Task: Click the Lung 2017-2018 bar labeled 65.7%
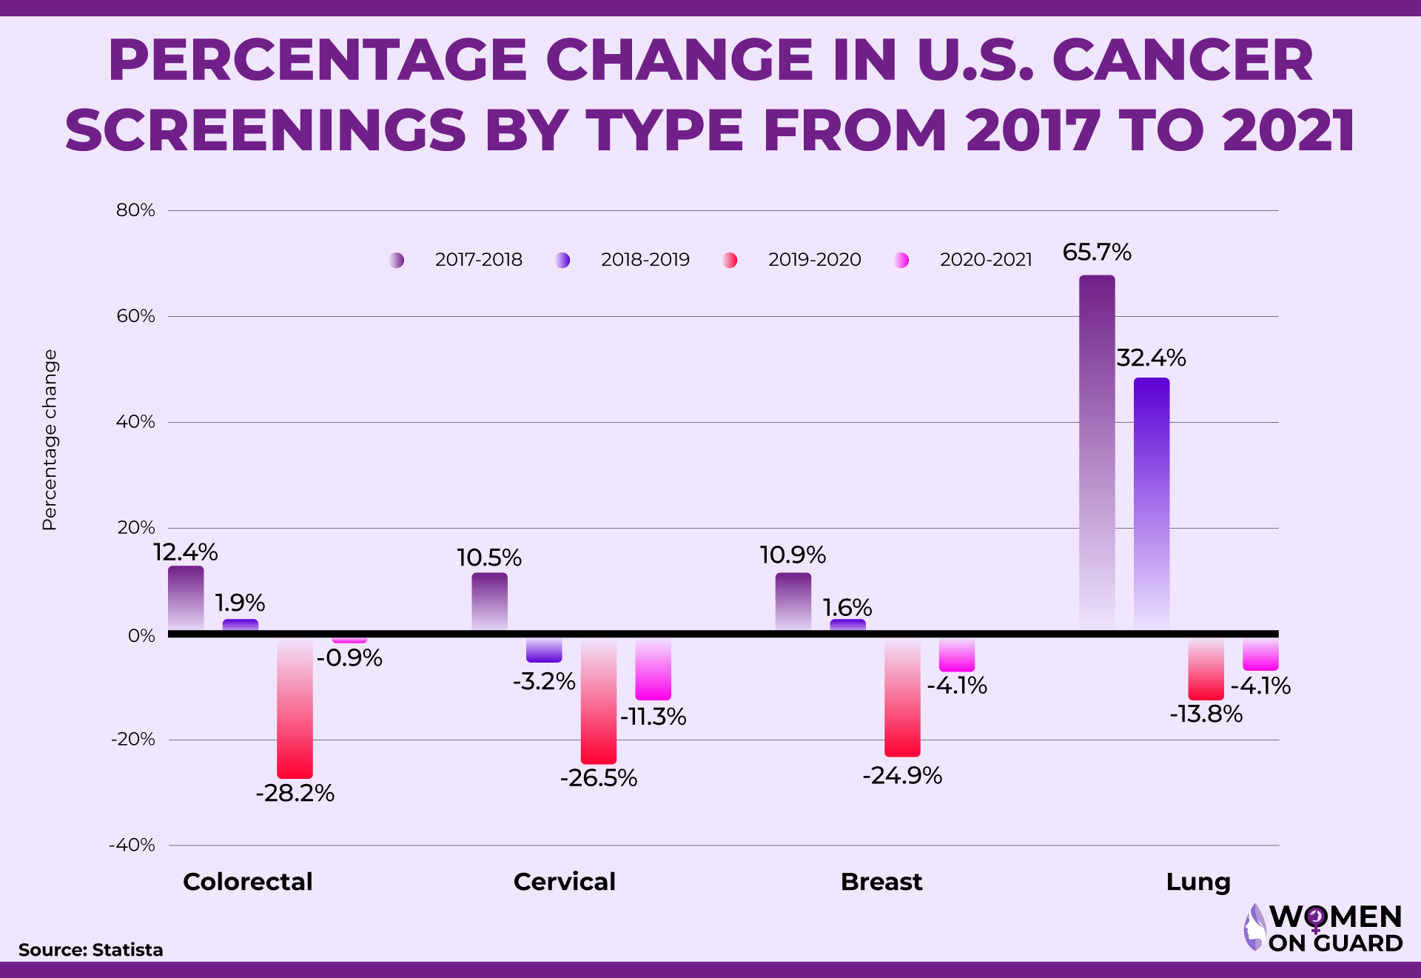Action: (x=1097, y=452)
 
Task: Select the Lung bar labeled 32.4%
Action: (x=1152, y=503)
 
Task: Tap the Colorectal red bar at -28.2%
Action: (x=295, y=707)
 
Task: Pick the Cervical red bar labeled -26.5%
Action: (x=599, y=700)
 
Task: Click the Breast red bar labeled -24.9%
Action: (x=902, y=696)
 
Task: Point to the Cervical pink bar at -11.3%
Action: (x=654, y=669)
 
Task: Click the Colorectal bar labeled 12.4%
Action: (x=186, y=598)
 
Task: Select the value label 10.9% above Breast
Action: (x=793, y=555)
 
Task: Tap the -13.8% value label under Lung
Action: (x=1206, y=714)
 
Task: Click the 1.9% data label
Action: (x=240, y=603)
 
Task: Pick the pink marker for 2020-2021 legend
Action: (x=901, y=260)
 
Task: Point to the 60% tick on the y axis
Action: (x=135, y=316)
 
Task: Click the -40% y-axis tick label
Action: (x=132, y=845)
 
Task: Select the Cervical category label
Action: (x=564, y=882)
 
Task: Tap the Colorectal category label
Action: (x=248, y=882)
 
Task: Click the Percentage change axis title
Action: (x=50, y=440)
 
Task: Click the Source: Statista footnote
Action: (x=90, y=950)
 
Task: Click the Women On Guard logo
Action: (x=1323, y=928)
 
